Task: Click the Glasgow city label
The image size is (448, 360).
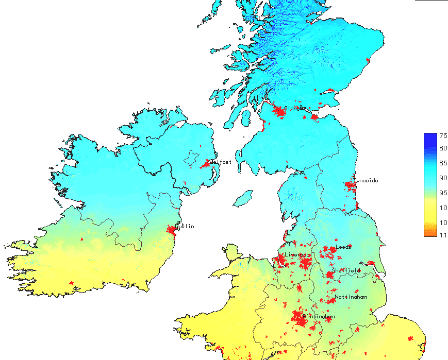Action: coord(295,109)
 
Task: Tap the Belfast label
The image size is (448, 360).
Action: coord(221,162)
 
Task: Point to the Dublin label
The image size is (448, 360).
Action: coord(185,226)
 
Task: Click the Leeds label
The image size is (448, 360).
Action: coord(344,247)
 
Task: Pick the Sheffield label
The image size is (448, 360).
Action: coord(346,270)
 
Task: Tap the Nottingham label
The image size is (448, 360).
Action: coord(351,297)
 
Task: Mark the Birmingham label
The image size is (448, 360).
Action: coord(319,316)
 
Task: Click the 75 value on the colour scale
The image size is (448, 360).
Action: coord(443,135)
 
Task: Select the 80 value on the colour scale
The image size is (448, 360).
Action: coord(443,148)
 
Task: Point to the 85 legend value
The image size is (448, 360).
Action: coord(443,163)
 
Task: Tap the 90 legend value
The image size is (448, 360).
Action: coord(443,178)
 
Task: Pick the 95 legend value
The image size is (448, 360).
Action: coord(443,193)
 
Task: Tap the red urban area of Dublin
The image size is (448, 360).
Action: coord(172,231)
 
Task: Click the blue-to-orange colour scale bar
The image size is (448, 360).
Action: coord(429,184)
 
